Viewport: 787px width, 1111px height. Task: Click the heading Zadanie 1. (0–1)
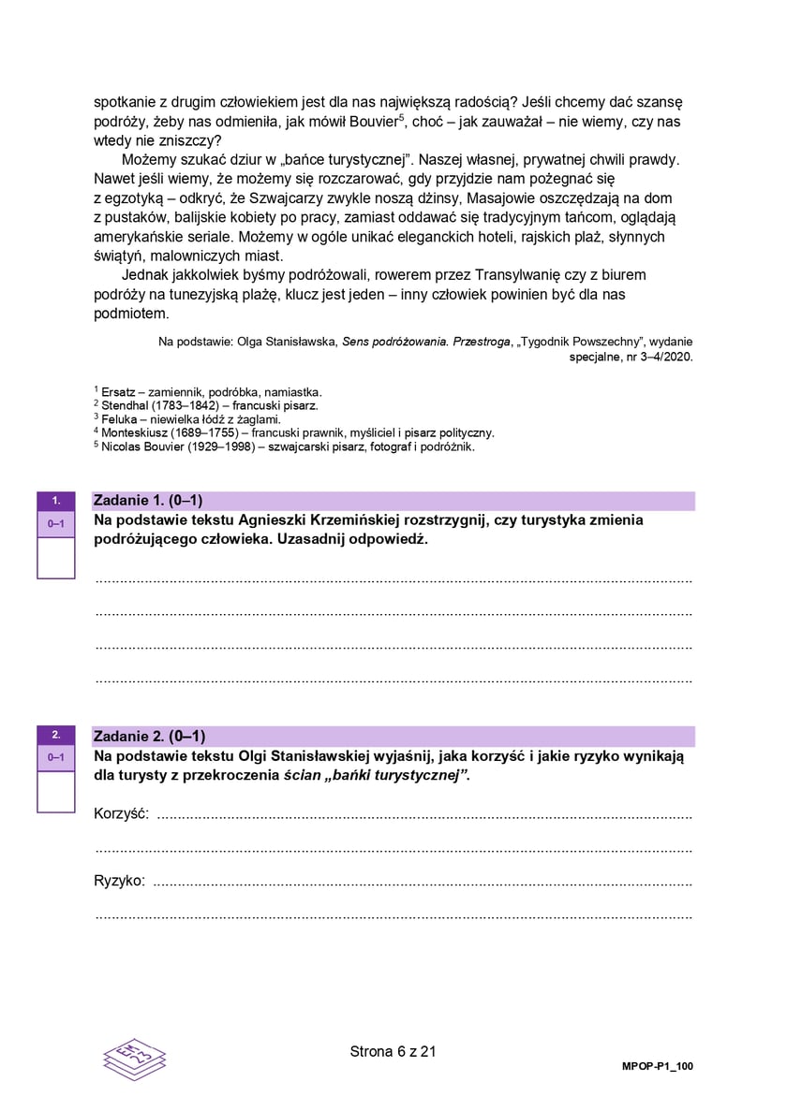coord(148,501)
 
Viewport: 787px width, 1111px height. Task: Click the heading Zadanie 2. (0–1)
coord(149,736)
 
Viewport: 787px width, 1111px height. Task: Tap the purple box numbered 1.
coord(56,501)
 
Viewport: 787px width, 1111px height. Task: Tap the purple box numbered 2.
coord(56,735)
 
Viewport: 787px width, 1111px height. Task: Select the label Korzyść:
coord(123,813)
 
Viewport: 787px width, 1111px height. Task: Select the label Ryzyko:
coord(120,881)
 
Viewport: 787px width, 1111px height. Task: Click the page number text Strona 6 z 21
coord(393,1051)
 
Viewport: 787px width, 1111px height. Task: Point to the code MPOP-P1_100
coord(658,1067)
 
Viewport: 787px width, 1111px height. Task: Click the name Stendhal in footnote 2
coord(124,405)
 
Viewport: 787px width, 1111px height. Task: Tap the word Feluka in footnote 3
coord(118,419)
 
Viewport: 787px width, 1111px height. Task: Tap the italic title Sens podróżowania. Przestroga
coord(423,342)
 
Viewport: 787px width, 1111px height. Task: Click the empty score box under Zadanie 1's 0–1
coord(56,558)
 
